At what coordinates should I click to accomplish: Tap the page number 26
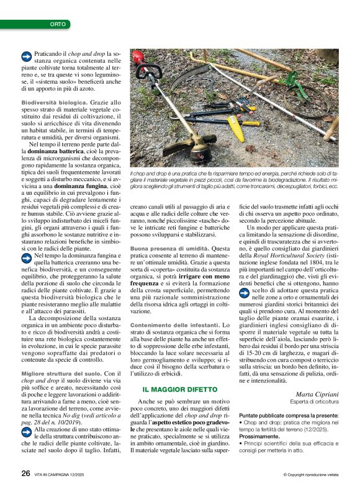tap(25, 473)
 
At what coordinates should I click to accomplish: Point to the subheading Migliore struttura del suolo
tap(60, 374)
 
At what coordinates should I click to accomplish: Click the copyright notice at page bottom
tap(311, 474)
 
